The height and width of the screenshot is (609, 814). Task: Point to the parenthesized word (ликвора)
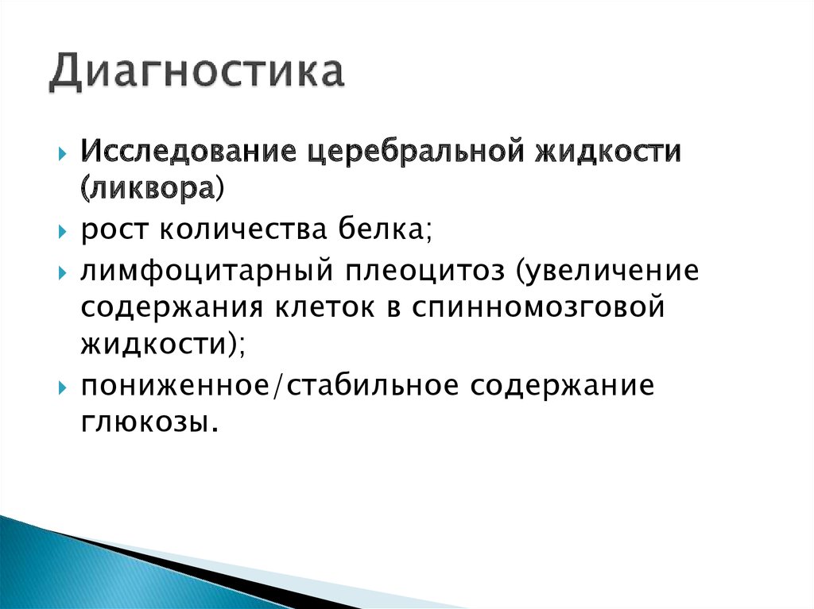[152, 189]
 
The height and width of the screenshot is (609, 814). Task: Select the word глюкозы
[148, 422]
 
